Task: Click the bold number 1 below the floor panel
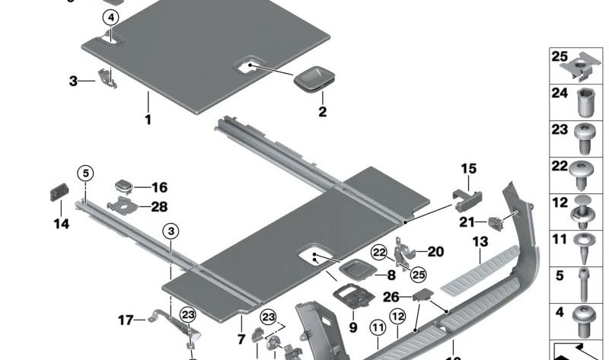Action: (148, 120)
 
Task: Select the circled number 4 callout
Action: (111, 18)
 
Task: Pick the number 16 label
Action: (159, 187)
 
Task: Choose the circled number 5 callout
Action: (86, 172)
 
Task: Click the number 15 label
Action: (467, 168)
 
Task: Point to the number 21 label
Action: (467, 222)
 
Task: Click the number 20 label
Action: (435, 251)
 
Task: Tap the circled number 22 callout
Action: (379, 252)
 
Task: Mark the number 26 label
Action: (391, 296)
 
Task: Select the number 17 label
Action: (126, 320)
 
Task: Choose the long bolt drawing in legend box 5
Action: (584, 281)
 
